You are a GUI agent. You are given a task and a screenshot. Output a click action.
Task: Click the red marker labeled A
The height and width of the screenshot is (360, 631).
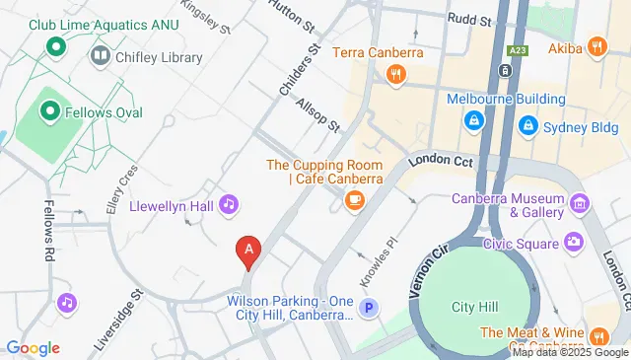click(x=249, y=252)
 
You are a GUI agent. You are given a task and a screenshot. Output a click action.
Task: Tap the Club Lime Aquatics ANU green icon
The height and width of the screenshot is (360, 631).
click(x=56, y=45)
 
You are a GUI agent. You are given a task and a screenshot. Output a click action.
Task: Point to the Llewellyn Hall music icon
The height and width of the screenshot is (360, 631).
click(x=229, y=204)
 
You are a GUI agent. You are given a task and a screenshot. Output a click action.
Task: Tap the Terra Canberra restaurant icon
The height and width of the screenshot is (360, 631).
click(x=395, y=73)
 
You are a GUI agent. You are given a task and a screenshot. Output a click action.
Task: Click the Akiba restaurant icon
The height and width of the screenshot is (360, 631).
click(x=596, y=45)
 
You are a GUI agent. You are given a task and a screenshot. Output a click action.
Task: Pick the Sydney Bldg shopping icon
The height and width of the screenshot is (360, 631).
click(x=529, y=125)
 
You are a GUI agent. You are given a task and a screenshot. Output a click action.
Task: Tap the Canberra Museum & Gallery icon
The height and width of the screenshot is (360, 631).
click(x=580, y=204)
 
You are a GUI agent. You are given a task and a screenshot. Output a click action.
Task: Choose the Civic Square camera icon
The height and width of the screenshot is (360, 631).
click(x=574, y=243)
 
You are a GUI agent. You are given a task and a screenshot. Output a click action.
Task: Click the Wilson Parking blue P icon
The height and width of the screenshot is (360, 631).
click(x=370, y=308)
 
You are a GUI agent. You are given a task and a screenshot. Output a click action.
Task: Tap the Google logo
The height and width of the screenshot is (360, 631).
click(x=32, y=348)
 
